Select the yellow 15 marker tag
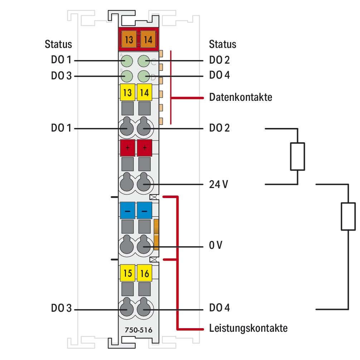pyautogui.click(x=127, y=274)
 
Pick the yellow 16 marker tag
pyautogui.click(x=145, y=274)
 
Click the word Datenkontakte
pyautogui.click(x=240, y=97)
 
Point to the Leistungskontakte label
pyautogui.click(x=248, y=328)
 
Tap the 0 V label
pyautogui.click(x=216, y=246)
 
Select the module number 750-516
pyautogui.click(x=136, y=330)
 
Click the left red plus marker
pyautogui.click(x=127, y=148)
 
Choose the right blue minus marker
pyautogui.click(x=144, y=211)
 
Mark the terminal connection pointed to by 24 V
pyautogui.click(x=144, y=184)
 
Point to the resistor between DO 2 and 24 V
pyautogui.click(x=297, y=156)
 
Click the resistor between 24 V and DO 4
pyautogui.click(x=348, y=216)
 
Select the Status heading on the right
pyautogui.click(x=223, y=44)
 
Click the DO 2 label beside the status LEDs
pyautogui.click(x=219, y=60)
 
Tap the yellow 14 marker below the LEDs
pyautogui.click(x=145, y=93)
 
